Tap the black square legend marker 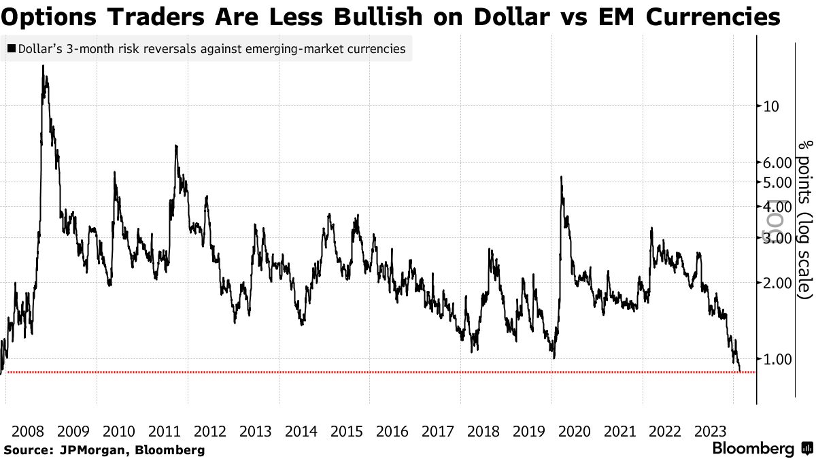coord(12,49)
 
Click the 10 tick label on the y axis coord(771,106)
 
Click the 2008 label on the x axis coord(28,431)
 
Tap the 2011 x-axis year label coord(165,431)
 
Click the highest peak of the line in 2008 coord(44,66)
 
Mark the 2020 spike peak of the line coord(561,177)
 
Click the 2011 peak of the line coord(177,146)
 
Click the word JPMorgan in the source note coord(84,450)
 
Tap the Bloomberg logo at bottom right coord(753,449)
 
